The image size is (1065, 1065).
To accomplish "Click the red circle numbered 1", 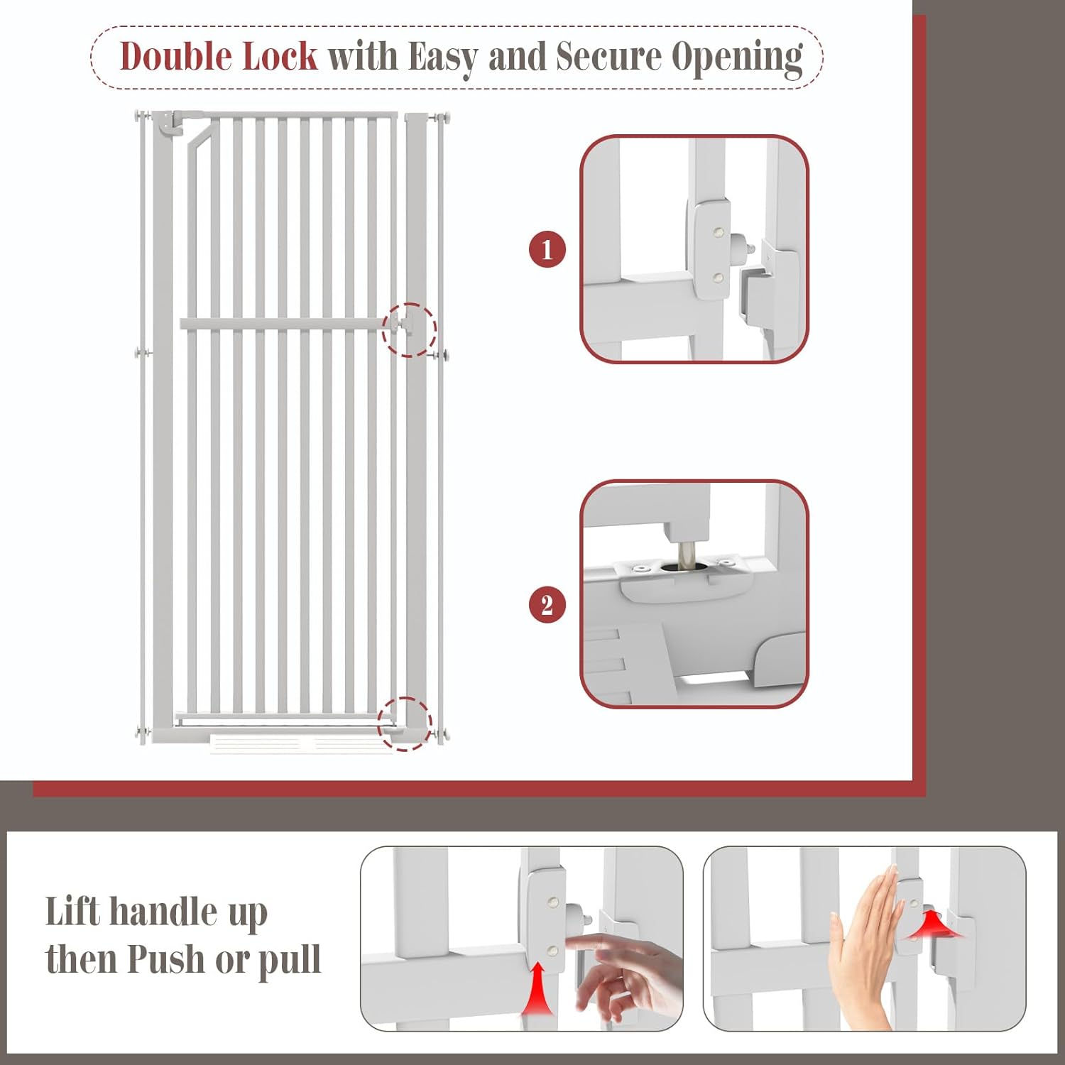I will (x=547, y=249).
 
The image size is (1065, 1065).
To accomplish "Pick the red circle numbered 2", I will (x=547, y=605).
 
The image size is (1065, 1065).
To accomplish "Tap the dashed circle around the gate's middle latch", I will (x=409, y=329).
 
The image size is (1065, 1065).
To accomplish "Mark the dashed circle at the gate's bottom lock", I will (x=404, y=723).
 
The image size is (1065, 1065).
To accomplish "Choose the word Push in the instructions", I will (x=168, y=960).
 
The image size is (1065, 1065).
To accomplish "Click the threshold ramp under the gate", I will (x=302, y=744).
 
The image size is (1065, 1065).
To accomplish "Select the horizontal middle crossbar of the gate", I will (x=284, y=324).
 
